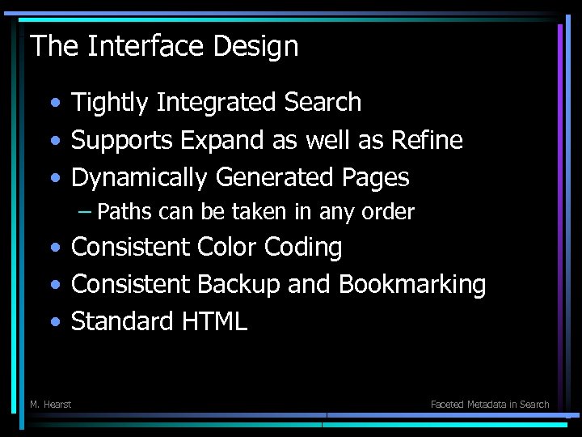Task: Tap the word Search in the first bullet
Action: click(323, 103)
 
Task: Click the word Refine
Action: click(427, 141)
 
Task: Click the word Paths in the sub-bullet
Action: click(124, 212)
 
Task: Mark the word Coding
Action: click(305, 247)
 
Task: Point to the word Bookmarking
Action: click(412, 284)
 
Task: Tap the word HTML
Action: click(214, 321)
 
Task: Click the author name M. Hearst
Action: click(50, 404)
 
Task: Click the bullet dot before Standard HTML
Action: click(54, 322)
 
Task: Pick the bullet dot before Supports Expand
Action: click(54, 142)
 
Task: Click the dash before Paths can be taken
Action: click(85, 212)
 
